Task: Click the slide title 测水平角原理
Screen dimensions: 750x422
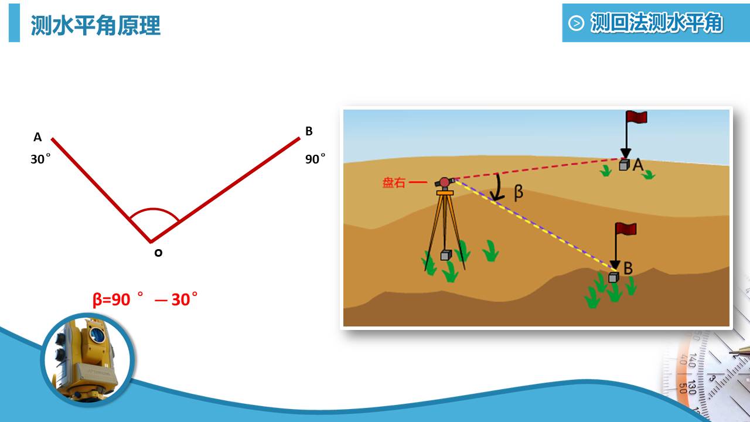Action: (x=96, y=25)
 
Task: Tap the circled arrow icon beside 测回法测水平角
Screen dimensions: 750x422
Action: (x=576, y=23)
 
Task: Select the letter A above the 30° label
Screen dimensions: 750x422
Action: (x=37, y=137)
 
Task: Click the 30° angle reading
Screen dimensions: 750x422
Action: (x=40, y=158)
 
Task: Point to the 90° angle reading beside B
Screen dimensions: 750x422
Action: (x=315, y=158)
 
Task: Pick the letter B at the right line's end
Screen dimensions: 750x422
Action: (x=309, y=131)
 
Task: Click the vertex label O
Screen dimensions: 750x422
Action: (x=158, y=253)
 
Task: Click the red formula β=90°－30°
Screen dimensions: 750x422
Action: (x=145, y=299)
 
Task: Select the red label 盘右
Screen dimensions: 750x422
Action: (x=394, y=182)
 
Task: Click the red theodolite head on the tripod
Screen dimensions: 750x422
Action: (x=444, y=182)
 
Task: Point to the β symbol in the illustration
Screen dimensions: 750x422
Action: (x=518, y=193)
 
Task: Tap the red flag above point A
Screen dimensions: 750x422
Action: (x=636, y=117)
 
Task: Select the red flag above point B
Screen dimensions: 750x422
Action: (x=626, y=229)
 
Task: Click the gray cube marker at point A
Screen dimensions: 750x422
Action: (x=624, y=165)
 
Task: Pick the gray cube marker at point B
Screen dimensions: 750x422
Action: (x=613, y=277)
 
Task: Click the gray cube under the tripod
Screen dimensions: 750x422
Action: (x=446, y=255)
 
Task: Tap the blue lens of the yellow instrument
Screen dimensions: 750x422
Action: (x=97, y=334)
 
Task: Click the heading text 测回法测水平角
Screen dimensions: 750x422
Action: (x=656, y=23)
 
